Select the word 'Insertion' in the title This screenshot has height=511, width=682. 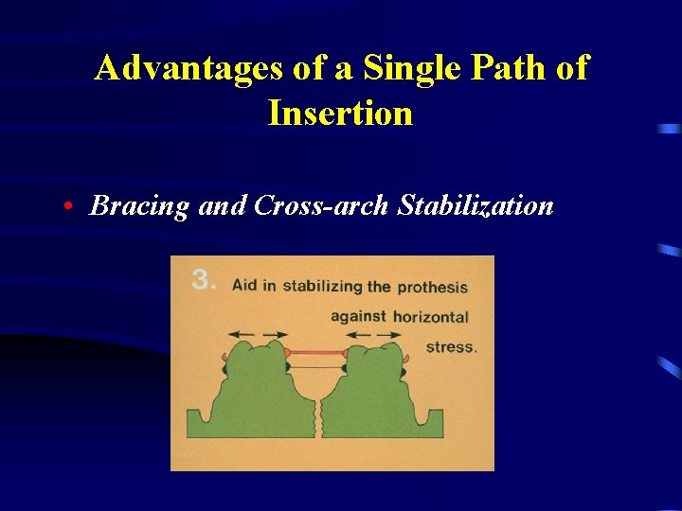click(340, 114)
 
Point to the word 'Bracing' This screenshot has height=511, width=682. click(139, 206)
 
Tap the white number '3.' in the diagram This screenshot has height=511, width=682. click(204, 279)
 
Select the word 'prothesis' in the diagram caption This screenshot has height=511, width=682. click(433, 287)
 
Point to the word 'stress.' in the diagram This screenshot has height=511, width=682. click(451, 346)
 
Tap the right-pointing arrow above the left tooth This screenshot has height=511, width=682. click(276, 334)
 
